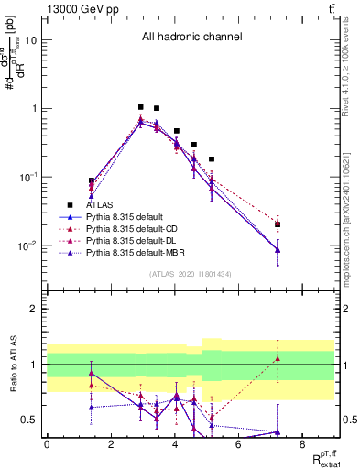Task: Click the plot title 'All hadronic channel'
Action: (191, 38)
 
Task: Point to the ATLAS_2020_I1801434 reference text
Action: (191, 274)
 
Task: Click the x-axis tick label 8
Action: (303, 444)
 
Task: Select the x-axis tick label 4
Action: (175, 444)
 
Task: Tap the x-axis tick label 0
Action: (47, 444)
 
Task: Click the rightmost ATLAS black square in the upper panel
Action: (278, 224)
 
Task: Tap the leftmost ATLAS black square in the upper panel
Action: (92, 181)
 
